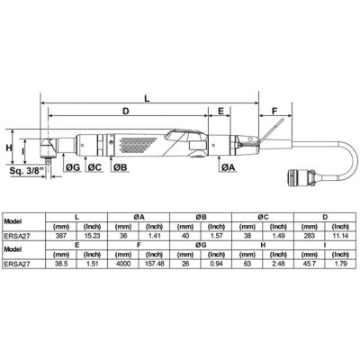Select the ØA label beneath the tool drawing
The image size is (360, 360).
(229, 167)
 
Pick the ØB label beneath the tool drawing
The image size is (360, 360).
(119, 167)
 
